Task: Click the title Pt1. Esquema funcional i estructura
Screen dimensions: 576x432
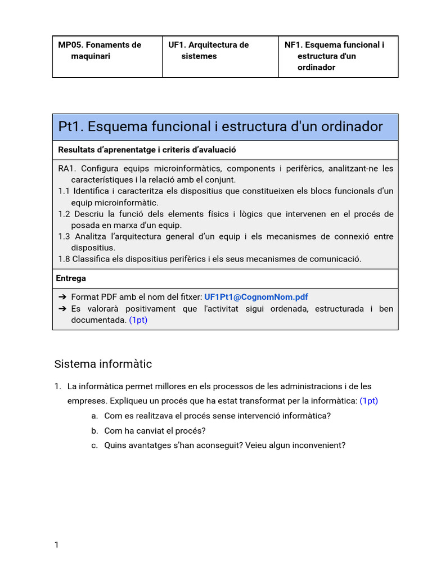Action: pyautogui.click(x=220, y=127)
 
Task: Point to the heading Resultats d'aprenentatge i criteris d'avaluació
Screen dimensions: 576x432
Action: pyautogui.click(x=147, y=150)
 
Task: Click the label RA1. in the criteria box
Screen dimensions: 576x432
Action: pyautogui.click(x=66, y=169)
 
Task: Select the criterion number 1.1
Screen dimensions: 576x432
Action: pyautogui.click(x=64, y=191)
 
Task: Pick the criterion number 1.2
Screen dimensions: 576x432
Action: pyautogui.click(x=64, y=214)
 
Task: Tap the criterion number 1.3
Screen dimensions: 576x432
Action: pyautogui.click(x=64, y=236)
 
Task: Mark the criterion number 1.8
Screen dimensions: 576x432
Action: pyautogui.click(x=64, y=259)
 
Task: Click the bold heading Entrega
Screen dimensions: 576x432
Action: pyautogui.click(x=71, y=278)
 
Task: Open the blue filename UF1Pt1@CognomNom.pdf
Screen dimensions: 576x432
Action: pyautogui.click(x=256, y=297)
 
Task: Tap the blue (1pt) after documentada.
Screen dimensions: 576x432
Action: pyautogui.click(x=138, y=320)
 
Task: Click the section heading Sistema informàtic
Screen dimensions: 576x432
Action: pyautogui.click(x=103, y=364)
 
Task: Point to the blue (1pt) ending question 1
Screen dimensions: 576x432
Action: pyautogui.click(x=368, y=401)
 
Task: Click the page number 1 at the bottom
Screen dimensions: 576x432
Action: pyautogui.click(x=56, y=544)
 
